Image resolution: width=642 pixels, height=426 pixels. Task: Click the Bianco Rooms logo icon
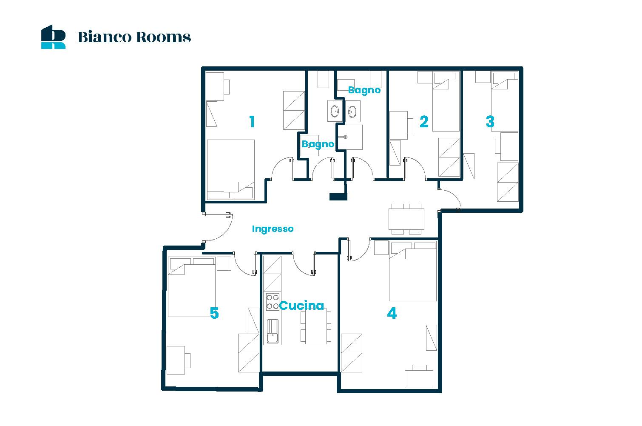(53, 37)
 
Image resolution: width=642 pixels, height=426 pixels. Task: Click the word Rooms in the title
(163, 37)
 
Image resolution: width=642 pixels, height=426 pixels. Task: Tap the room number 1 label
(252, 122)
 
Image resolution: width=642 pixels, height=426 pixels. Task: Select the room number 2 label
(424, 122)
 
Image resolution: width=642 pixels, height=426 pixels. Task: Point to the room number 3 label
(490, 122)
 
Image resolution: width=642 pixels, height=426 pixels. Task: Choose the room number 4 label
(392, 313)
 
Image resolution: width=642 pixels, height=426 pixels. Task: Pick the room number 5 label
(214, 313)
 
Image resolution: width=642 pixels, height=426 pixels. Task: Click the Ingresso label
(273, 229)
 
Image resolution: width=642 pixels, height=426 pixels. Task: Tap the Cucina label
(301, 306)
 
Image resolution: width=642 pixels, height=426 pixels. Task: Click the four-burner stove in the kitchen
(273, 302)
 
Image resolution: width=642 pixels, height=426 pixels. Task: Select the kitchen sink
(273, 332)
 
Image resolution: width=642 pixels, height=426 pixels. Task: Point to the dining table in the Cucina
(316, 327)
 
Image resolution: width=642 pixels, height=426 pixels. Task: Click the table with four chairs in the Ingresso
(406, 219)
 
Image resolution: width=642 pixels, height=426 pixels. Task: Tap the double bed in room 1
(230, 169)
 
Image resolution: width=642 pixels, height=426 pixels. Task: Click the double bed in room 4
(413, 272)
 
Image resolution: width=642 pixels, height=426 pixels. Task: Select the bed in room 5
(191, 287)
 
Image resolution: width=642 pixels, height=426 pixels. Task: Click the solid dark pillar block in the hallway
(338, 197)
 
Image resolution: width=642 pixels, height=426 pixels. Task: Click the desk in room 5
(176, 360)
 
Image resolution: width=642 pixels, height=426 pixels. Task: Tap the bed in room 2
(446, 102)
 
